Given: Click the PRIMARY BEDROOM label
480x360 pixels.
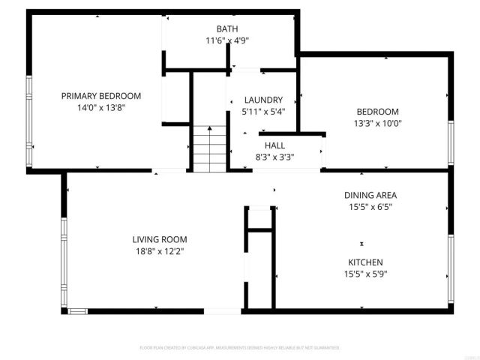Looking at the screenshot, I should pos(100,96).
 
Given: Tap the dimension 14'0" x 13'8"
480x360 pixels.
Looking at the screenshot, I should pos(100,107).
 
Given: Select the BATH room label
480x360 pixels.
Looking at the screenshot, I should pos(226,29).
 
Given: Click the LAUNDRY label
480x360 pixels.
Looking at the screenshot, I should pos(264,100).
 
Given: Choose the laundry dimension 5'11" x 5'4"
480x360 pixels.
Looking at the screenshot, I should pos(264,111).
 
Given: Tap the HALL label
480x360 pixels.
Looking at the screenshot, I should pos(274,145).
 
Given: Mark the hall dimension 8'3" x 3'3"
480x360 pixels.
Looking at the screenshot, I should pos(274,157).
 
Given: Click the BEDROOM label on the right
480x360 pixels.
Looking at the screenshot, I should pos(376,112).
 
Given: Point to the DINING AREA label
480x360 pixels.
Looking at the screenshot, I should pos(370,195).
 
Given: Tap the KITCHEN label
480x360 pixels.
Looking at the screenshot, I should pos(365,262).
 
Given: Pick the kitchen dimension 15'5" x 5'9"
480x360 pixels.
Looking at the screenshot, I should pos(365,273).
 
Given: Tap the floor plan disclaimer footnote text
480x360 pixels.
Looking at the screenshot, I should pos(240,348).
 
